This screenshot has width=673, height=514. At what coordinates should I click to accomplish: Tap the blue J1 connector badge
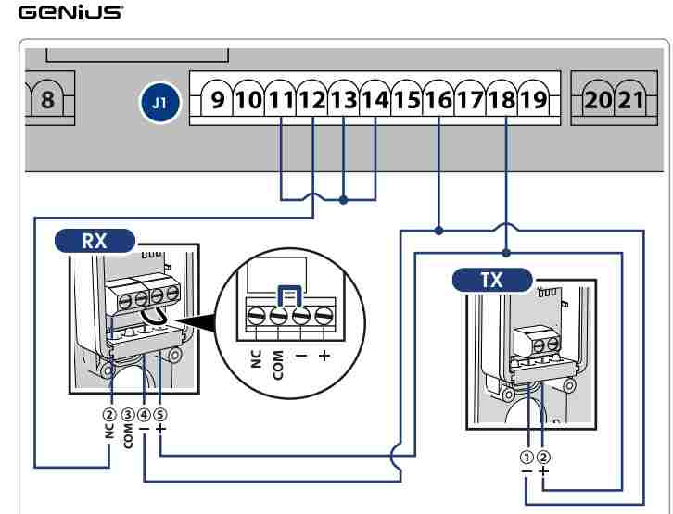point(159,100)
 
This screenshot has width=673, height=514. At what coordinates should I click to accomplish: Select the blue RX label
point(94,242)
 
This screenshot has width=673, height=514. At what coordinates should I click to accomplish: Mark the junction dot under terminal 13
point(344,198)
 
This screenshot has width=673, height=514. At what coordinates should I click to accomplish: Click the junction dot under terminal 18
point(505,252)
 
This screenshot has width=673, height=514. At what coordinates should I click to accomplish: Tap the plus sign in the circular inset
point(324,357)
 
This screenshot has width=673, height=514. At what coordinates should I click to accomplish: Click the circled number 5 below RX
point(161,412)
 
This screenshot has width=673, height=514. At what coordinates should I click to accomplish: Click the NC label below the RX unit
point(110,431)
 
